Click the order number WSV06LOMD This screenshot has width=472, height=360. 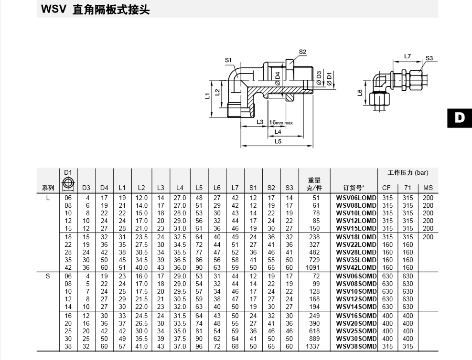tap(356, 198)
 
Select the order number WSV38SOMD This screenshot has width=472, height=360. tap(356, 346)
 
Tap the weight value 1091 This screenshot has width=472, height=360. tap(312, 267)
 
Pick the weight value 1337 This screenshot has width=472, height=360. tap(312, 346)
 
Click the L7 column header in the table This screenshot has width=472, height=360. tap(235, 188)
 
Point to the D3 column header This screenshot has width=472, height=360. tap(86, 188)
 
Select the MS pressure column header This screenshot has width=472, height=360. tap(428, 188)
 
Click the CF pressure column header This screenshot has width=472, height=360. tap(386, 188)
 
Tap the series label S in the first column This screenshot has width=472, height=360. tap(48, 276)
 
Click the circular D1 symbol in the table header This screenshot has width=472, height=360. tap(68, 182)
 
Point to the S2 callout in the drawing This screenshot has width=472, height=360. tap(302, 52)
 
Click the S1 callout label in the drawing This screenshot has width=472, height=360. tap(228, 60)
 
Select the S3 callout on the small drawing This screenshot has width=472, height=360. tap(429, 58)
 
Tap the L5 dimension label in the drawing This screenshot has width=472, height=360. tap(278, 141)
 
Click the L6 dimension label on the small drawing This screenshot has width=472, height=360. tap(360, 93)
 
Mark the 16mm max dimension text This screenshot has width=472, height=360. tap(281, 122)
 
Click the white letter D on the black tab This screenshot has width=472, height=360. tap(460, 117)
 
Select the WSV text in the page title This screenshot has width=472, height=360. tap(54, 9)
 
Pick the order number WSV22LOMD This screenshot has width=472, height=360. tap(356, 244)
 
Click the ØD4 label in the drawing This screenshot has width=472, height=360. tap(278, 79)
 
